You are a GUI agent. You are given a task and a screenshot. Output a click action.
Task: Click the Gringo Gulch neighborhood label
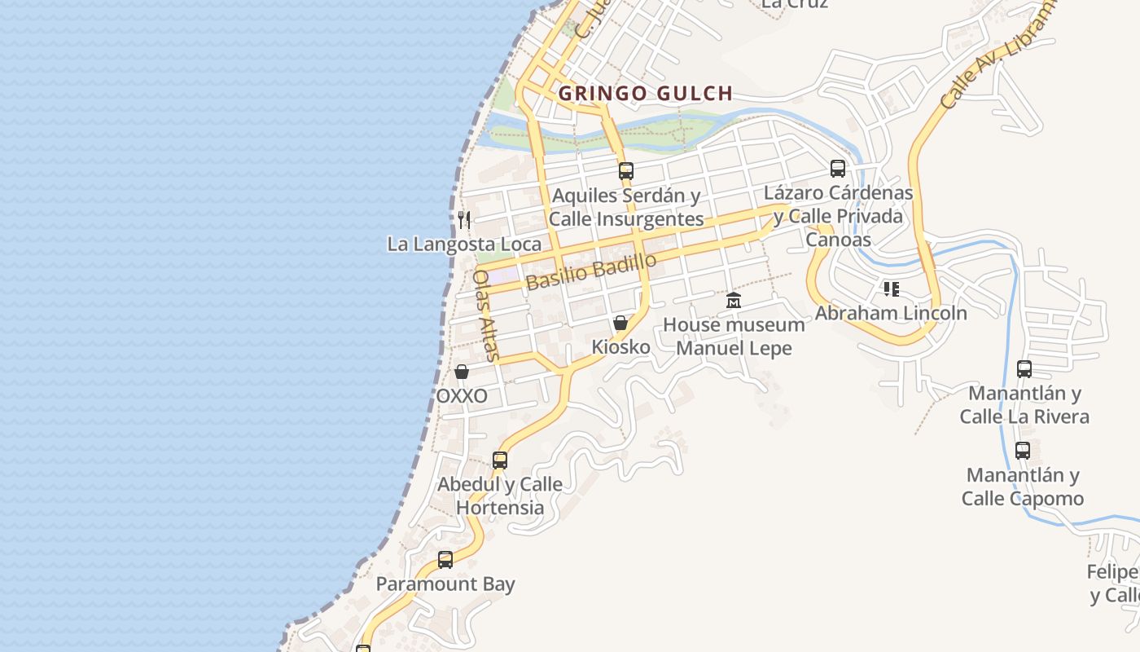(646, 94)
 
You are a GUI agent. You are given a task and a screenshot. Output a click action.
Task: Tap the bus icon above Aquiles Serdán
(625, 171)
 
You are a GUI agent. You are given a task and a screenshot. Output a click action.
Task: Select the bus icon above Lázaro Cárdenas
(837, 169)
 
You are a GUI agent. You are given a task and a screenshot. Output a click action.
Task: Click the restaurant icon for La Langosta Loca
(464, 219)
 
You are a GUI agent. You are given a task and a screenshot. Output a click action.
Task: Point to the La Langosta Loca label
(464, 244)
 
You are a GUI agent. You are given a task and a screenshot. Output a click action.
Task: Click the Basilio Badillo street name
(591, 271)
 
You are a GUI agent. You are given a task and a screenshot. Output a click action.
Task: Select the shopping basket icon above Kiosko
(620, 323)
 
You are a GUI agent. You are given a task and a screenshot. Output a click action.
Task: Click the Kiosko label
(620, 347)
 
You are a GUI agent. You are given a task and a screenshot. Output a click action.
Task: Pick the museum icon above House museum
(734, 301)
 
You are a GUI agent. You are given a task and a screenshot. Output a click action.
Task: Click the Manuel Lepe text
(734, 349)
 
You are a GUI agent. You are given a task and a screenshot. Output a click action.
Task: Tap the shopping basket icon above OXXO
(462, 372)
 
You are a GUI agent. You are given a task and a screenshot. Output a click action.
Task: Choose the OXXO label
(462, 396)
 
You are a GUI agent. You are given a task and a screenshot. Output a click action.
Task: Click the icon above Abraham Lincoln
(891, 289)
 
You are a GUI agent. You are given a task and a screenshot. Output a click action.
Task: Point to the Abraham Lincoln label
(891, 313)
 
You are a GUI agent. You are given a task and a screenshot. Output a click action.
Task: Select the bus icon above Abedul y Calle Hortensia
(500, 460)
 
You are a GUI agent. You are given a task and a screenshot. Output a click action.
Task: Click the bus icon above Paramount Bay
(445, 560)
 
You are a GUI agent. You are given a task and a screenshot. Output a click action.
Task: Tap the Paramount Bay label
(445, 584)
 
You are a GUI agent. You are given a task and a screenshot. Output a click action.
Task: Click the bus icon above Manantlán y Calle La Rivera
(1024, 369)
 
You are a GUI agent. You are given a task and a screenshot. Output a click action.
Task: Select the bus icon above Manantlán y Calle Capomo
(1023, 451)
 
